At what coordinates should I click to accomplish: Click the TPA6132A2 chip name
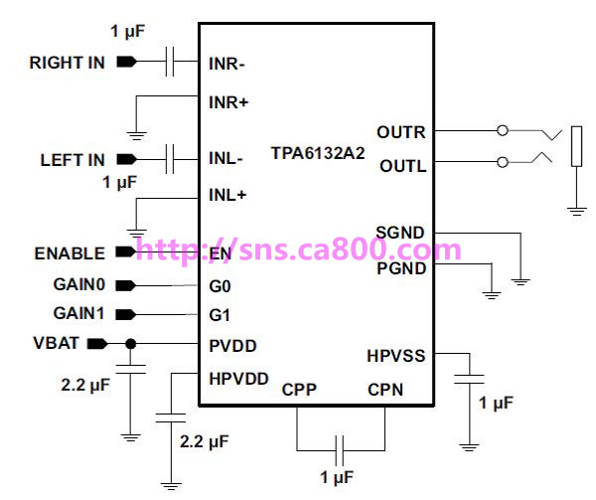(x=318, y=153)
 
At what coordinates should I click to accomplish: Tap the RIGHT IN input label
(x=68, y=63)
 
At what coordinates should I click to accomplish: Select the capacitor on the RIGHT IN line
(x=170, y=62)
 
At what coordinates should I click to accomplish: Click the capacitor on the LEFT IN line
(x=170, y=159)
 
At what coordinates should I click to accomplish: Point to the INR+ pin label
(x=228, y=102)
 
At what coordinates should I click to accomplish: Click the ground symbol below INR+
(x=136, y=136)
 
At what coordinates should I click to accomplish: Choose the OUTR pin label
(x=401, y=132)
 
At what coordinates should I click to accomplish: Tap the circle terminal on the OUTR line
(x=503, y=130)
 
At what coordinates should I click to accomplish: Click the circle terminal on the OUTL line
(x=503, y=162)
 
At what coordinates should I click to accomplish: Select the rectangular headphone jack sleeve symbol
(x=576, y=146)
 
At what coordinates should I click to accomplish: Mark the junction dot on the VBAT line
(x=131, y=344)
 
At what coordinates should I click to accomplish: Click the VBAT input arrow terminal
(x=97, y=344)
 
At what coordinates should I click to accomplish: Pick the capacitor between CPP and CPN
(x=340, y=450)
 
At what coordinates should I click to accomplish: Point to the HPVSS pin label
(x=396, y=356)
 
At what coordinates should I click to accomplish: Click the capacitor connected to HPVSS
(x=470, y=379)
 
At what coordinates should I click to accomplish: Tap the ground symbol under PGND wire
(x=492, y=295)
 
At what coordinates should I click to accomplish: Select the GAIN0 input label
(x=79, y=284)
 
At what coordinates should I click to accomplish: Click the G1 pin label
(x=220, y=315)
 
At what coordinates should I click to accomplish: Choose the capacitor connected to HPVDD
(x=171, y=418)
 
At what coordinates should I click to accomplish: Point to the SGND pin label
(x=400, y=233)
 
